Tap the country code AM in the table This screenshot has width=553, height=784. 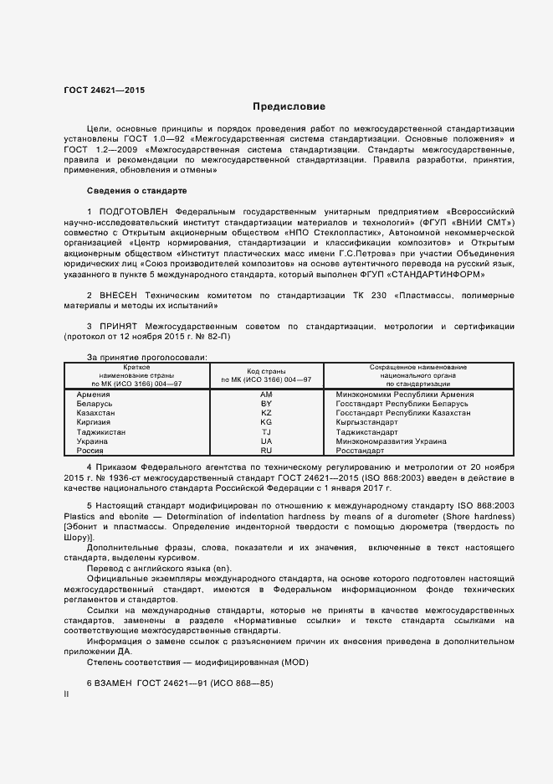[x=266, y=394]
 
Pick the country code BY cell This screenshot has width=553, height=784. [x=266, y=403]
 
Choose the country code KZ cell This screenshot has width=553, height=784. [x=266, y=413]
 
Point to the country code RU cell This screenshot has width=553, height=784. [x=266, y=450]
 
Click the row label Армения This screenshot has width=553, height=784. [x=93, y=394]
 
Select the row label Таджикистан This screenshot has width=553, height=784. [x=101, y=431]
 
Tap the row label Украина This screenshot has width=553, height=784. [x=92, y=441]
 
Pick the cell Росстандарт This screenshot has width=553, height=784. [x=361, y=450]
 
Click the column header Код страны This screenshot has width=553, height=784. [x=266, y=370]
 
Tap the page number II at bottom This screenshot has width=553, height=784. [x=66, y=694]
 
